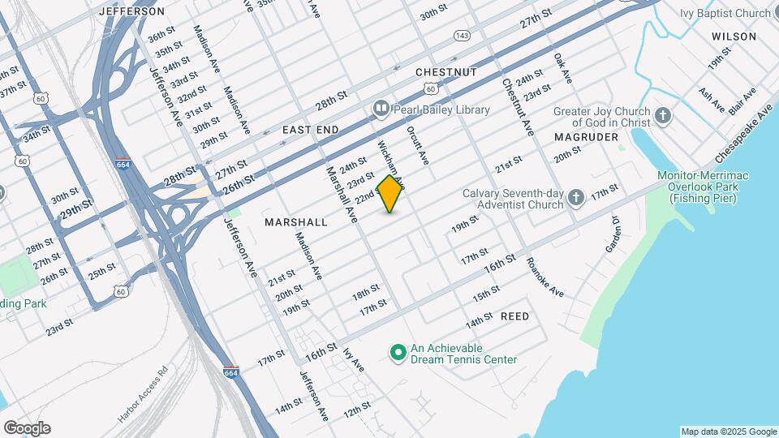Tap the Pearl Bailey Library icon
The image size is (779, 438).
[381, 109]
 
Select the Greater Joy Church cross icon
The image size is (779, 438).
[663, 115]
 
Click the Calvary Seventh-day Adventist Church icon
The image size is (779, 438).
[575, 198]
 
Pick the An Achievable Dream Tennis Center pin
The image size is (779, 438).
[398, 352]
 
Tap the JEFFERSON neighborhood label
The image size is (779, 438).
[131, 11]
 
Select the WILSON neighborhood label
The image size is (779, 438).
[734, 36]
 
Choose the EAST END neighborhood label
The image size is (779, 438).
[310, 130]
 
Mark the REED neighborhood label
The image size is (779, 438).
[514, 316]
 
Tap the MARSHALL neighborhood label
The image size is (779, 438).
[296, 221]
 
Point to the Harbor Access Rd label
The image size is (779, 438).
[142, 394]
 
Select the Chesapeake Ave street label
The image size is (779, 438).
[742, 133]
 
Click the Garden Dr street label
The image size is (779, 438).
[613, 234]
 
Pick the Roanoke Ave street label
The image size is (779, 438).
[544, 277]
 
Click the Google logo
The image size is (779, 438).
[27, 428]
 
